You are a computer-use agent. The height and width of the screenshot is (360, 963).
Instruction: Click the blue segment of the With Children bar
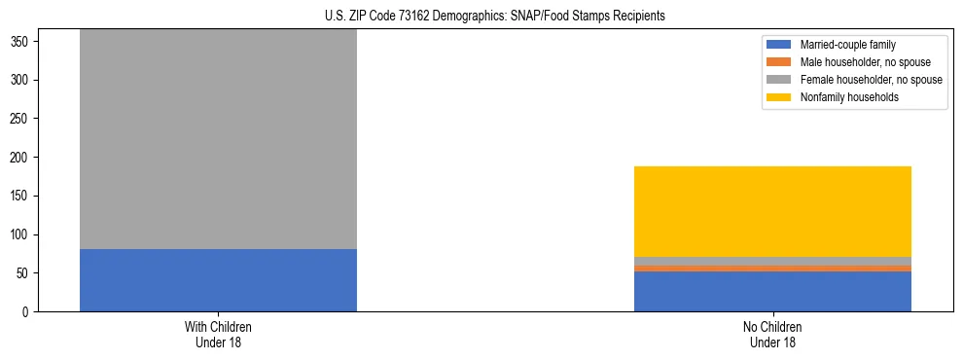218,280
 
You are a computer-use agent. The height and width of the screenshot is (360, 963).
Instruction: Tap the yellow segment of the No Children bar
772,211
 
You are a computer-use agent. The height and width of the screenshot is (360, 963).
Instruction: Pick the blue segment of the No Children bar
772,291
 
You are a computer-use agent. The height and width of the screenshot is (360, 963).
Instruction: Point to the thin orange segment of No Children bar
772,268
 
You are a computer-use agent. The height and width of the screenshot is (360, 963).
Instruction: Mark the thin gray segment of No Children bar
772,261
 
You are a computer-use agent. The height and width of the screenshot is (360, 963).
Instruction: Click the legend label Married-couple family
847,45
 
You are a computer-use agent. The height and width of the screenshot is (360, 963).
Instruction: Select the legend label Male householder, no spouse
858,62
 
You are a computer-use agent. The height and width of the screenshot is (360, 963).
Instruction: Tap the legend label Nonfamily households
849,97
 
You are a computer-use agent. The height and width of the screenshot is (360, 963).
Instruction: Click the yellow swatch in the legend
779,97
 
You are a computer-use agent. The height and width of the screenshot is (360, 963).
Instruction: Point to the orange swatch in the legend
779,62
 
